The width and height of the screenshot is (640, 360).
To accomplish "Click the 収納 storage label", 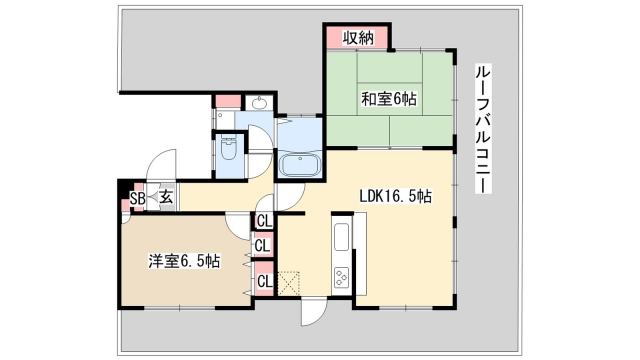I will pos(359,38).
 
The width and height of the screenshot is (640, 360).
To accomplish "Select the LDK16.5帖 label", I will pos(395,197).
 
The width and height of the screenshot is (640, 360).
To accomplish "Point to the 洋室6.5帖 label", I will pos(185,261).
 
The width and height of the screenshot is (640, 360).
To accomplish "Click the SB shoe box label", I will pos(138,198).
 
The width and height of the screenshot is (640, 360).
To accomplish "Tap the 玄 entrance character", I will pos(165,198).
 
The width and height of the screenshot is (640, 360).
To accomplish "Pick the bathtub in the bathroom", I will pos(299,165).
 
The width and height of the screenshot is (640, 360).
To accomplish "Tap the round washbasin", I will pos(259,102).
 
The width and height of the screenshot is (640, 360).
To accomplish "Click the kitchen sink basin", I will pos(339,239).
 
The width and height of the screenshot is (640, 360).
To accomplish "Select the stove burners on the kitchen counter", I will pos(341,276).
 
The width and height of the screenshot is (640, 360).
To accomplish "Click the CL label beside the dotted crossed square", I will pos(264,281).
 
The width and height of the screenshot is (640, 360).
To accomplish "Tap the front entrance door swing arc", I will pos(160,168).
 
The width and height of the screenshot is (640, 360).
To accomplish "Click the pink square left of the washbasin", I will pos(228,101).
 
